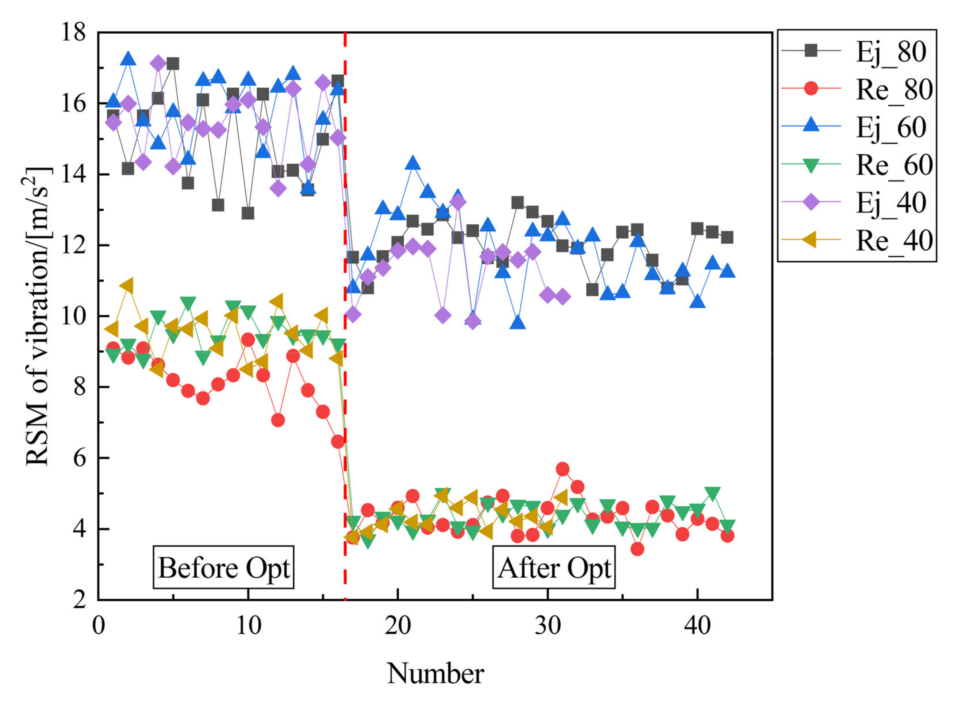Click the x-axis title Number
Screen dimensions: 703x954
click(x=435, y=674)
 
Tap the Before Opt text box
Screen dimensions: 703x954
click(x=224, y=568)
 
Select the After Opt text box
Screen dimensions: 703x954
click(x=554, y=568)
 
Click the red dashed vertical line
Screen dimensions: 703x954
click(x=345, y=298)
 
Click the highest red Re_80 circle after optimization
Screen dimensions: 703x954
click(x=563, y=469)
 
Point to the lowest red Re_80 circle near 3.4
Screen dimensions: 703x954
click(x=637, y=549)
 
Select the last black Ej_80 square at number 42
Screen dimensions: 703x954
click(x=727, y=237)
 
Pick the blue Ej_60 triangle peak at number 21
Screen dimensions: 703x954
click(x=412, y=163)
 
